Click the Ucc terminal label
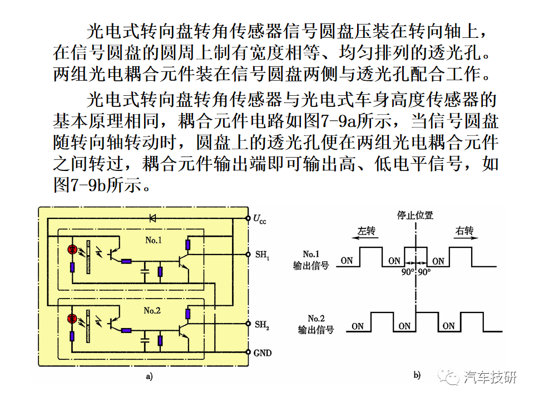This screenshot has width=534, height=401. (260, 219)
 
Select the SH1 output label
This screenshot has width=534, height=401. (262, 255)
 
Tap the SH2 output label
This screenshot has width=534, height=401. (262, 325)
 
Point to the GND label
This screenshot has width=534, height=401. (262, 353)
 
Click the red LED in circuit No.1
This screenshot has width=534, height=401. (72, 250)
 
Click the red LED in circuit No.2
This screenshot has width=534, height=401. (72, 319)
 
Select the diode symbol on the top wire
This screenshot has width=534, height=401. (152, 218)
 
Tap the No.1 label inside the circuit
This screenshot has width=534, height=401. (154, 241)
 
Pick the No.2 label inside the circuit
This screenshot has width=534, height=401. (152, 311)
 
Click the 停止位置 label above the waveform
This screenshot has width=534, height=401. (415, 215)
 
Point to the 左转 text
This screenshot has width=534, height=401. (366, 231)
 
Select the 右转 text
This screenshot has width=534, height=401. (464, 231)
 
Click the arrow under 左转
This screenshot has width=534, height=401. (365, 238)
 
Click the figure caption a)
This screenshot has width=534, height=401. (149, 376)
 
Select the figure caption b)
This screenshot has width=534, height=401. (417, 375)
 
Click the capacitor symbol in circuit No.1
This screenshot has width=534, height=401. (145, 271)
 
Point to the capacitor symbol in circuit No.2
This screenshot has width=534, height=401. (145, 340)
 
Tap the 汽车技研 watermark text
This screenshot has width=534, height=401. (489, 377)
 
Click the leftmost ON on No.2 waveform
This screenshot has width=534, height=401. (358, 326)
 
